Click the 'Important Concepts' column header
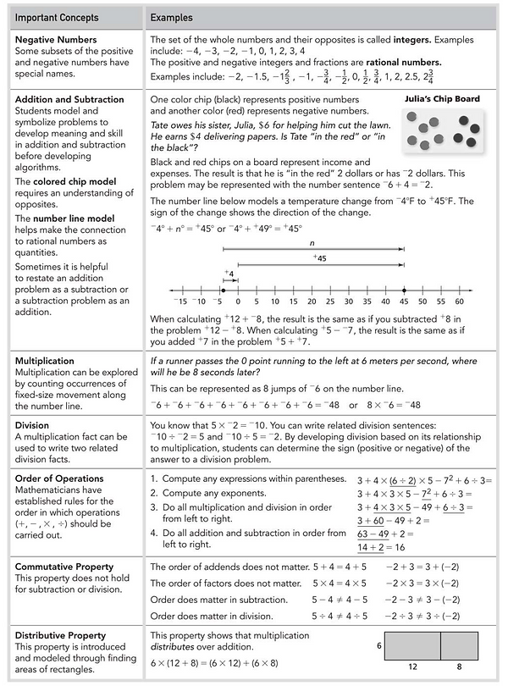tap(56, 17)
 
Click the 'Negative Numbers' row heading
tap(56, 39)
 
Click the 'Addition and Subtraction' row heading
tap(70, 99)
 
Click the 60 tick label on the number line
tap(459, 301)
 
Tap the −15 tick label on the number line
tap(179, 301)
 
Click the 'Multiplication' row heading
tap(45, 361)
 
